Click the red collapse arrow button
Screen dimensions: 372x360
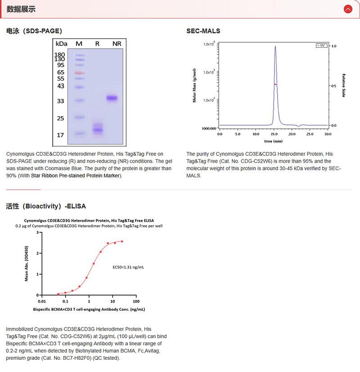[x=347, y=9]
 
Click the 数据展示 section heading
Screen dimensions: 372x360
[x=21, y=9]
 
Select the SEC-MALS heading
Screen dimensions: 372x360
[x=203, y=31]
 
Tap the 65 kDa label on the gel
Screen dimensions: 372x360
[x=61, y=72]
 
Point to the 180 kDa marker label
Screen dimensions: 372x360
[x=60, y=54]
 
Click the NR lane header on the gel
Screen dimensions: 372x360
[x=117, y=44]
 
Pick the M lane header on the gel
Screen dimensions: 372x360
[x=79, y=44]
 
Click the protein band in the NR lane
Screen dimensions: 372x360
[x=112, y=98]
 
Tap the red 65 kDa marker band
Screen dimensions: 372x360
[x=79, y=72]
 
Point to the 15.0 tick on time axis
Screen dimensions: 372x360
[x=274, y=134]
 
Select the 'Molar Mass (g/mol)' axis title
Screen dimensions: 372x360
[x=194, y=86]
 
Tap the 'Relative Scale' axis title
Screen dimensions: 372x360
[x=343, y=86]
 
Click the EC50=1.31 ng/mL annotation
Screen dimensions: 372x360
[x=128, y=267]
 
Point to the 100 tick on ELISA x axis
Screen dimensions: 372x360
[x=136, y=301]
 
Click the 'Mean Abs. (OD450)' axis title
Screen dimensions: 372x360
[x=27, y=264]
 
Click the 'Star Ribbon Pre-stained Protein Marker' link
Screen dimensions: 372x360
[x=76, y=175]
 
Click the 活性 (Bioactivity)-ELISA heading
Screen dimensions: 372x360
[x=46, y=206]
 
